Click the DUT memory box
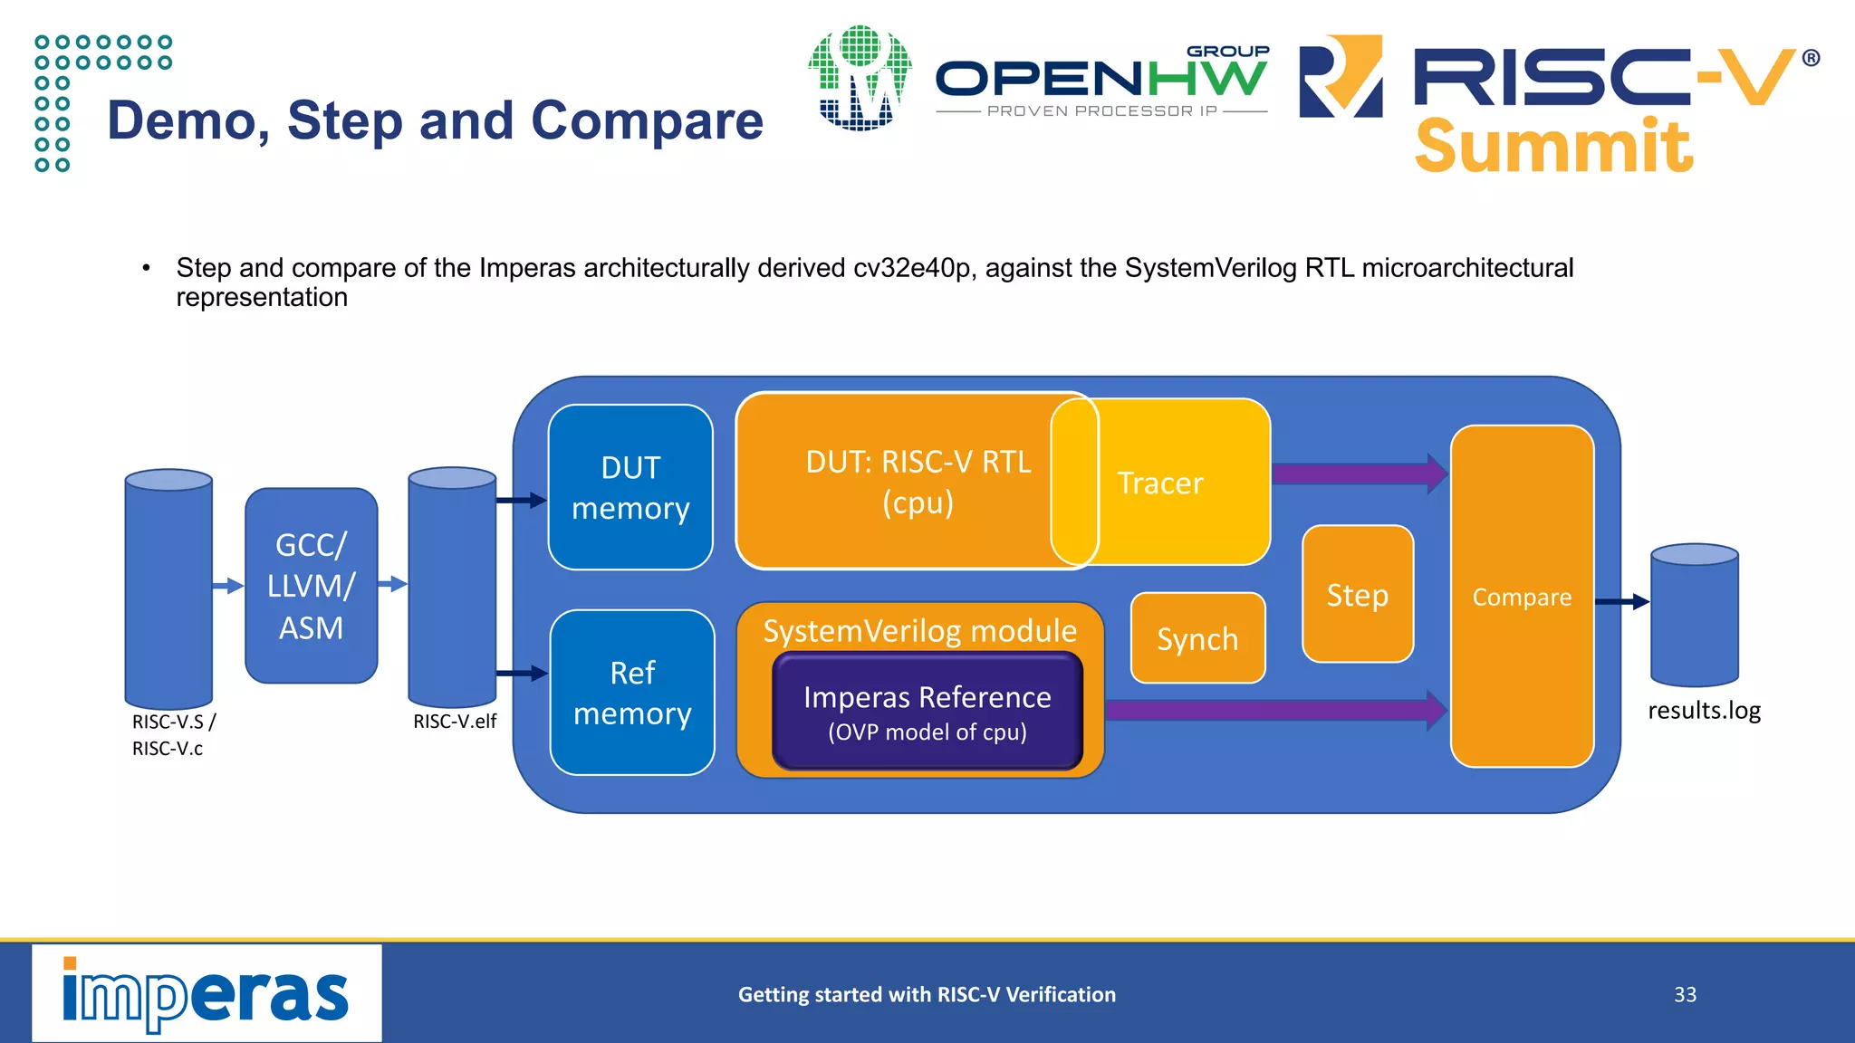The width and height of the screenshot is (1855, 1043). (x=630, y=487)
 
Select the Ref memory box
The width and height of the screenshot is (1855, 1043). (x=632, y=693)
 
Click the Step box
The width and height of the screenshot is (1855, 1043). (x=1357, y=595)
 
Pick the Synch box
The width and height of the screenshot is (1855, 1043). (x=1197, y=639)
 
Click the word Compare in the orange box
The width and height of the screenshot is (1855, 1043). (x=1522, y=598)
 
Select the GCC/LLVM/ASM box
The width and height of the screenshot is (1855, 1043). (x=311, y=586)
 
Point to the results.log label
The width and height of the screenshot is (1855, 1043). (x=1704, y=711)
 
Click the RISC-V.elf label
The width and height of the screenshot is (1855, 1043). (x=455, y=722)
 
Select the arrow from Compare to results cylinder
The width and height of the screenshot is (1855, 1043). (x=1621, y=601)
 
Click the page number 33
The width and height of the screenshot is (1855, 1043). (x=1685, y=995)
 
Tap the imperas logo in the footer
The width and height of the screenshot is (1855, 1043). (x=207, y=994)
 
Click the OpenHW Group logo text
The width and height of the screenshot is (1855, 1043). (x=1101, y=80)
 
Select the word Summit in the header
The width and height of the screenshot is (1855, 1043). (x=1553, y=147)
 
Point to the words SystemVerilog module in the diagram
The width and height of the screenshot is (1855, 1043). (x=919, y=631)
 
